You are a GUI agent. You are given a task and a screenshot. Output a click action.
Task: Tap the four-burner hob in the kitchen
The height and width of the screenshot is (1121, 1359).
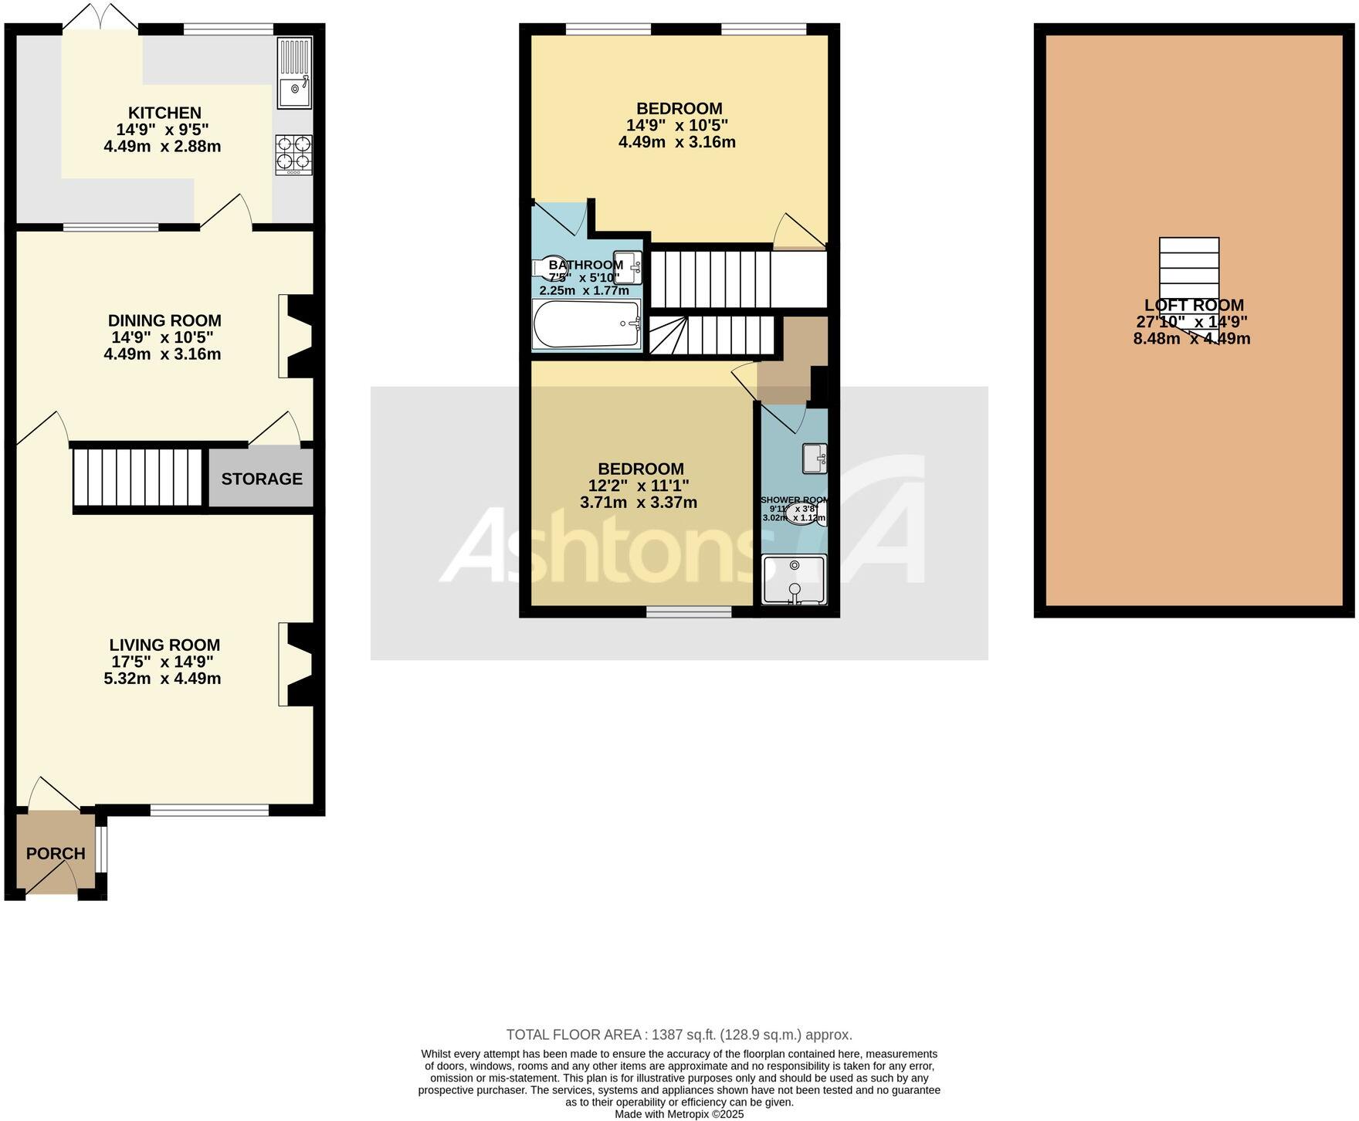tap(293, 155)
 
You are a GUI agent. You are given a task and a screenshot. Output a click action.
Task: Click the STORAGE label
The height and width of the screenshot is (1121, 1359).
tap(262, 479)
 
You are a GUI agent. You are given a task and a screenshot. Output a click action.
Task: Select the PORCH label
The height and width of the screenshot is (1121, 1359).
tap(56, 853)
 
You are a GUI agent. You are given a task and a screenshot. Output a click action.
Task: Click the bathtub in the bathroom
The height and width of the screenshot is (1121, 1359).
tap(587, 324)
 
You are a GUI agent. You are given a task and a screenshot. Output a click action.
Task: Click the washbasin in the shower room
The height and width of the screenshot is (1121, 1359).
tap(815, 459)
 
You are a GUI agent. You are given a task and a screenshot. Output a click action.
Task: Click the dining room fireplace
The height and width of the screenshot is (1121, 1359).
tap(298, 337)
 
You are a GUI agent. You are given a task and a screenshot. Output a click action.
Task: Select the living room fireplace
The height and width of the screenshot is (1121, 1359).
tap(298, 664)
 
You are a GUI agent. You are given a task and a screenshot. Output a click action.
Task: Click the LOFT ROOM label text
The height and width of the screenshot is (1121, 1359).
tap(1194, 305)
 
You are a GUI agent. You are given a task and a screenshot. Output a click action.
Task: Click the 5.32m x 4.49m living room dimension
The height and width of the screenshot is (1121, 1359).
tap(162, 679)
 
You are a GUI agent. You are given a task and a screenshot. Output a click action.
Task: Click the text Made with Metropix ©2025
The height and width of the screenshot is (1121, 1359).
tap(679, 1114)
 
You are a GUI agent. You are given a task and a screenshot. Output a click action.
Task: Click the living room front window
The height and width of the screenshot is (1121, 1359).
tap(209, 810)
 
